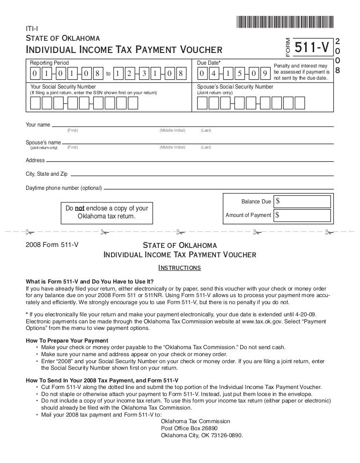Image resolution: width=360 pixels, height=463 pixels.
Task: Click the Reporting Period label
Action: tap(49, 63)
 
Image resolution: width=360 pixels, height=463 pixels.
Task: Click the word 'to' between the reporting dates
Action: tap(108, 74)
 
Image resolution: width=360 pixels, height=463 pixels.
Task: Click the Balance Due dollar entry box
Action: tap(304, 202)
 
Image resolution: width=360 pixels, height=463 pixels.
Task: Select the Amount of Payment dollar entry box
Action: tap(304, 215)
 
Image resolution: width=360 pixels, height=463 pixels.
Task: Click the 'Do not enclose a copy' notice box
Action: tap(107, 212)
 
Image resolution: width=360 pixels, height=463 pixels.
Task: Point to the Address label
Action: tap(35, 160)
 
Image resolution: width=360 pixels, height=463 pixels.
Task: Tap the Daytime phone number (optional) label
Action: tap(63, 188)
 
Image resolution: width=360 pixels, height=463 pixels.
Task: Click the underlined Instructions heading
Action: tap(180, 268)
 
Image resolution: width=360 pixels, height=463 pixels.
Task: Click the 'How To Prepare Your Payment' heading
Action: tap(67, 340)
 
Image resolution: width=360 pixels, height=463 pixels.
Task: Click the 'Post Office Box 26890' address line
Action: tap(189, 428)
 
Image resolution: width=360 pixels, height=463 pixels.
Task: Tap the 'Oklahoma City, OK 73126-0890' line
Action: tap(202, 435)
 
